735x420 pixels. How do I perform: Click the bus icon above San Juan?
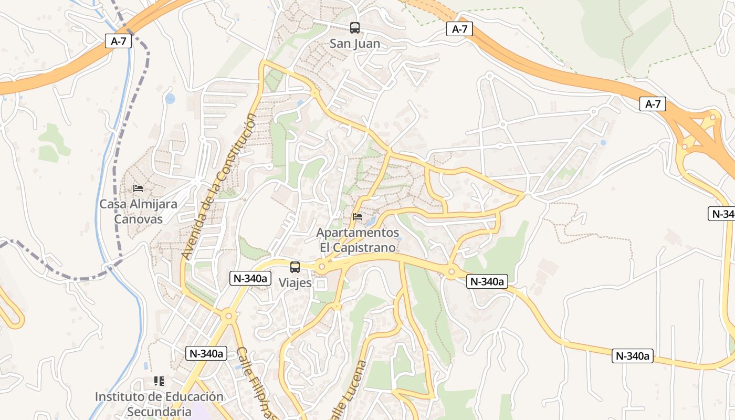pos(355,28)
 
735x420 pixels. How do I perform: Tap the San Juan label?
pos(355,44)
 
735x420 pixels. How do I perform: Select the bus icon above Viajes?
pos(295,267)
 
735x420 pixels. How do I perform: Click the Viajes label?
pos(295,283)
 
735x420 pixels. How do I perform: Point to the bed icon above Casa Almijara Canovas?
pos(138,188)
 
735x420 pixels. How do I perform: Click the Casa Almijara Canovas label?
pos(139,212)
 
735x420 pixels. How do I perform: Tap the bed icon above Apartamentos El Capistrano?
pos(358,216)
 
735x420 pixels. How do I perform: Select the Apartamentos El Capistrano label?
pos(358,239)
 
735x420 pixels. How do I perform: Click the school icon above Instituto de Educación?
pos(159,381)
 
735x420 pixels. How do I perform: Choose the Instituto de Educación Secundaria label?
pos(159,404)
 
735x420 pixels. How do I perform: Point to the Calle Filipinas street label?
pos(257,383)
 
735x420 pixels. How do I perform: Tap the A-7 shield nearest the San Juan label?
pos(459,29)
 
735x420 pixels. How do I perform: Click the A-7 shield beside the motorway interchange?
pos(653,104)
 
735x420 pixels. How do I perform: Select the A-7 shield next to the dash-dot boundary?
pos(118,41)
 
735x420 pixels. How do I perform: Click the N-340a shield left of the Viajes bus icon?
pos(250,278)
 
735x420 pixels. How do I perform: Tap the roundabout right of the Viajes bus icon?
pos(322,268)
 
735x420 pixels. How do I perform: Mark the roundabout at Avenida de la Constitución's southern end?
pos(228,316)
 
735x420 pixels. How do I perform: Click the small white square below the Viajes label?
pos(320,285)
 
